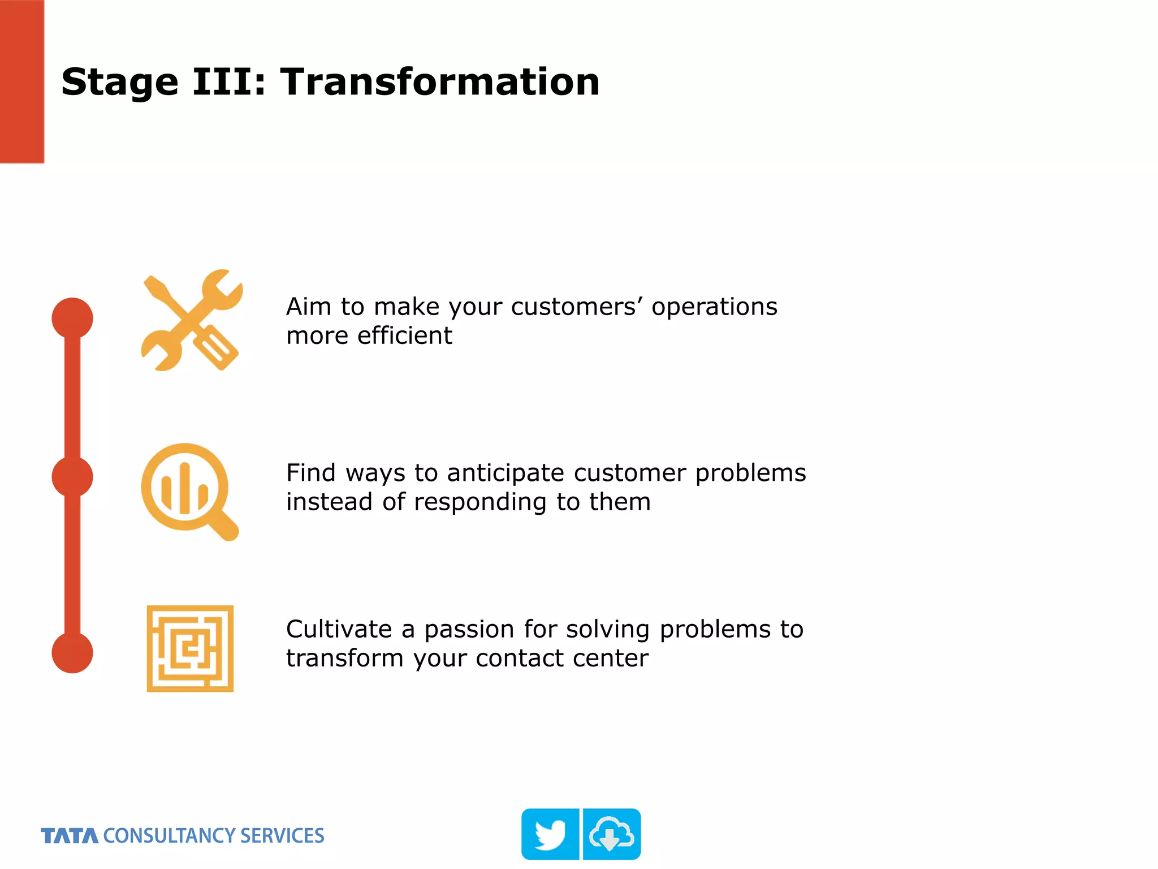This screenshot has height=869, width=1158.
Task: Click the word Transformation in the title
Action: pos(440,82)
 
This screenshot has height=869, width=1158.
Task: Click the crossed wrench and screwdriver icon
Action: pos(191,320)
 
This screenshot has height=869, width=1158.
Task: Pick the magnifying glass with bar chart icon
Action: pos(188,491)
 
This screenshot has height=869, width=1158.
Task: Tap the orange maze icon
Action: pos(190,648)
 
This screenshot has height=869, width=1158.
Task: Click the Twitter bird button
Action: pos(550,834)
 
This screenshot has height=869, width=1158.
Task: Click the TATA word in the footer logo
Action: pos(70,836)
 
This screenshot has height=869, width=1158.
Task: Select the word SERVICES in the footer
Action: pos(282,836)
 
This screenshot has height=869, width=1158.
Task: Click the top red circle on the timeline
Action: pos(72,318)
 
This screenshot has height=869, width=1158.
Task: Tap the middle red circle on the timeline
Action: pos(72,477)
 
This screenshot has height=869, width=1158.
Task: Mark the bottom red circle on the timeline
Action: pos(72,652)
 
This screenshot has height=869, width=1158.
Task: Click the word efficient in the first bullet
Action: pos(405,335)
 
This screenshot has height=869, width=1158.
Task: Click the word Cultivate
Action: pos(339,629)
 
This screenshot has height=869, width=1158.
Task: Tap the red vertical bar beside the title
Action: pos(21,81)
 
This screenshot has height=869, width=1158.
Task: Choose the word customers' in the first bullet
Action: pos(577,307)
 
